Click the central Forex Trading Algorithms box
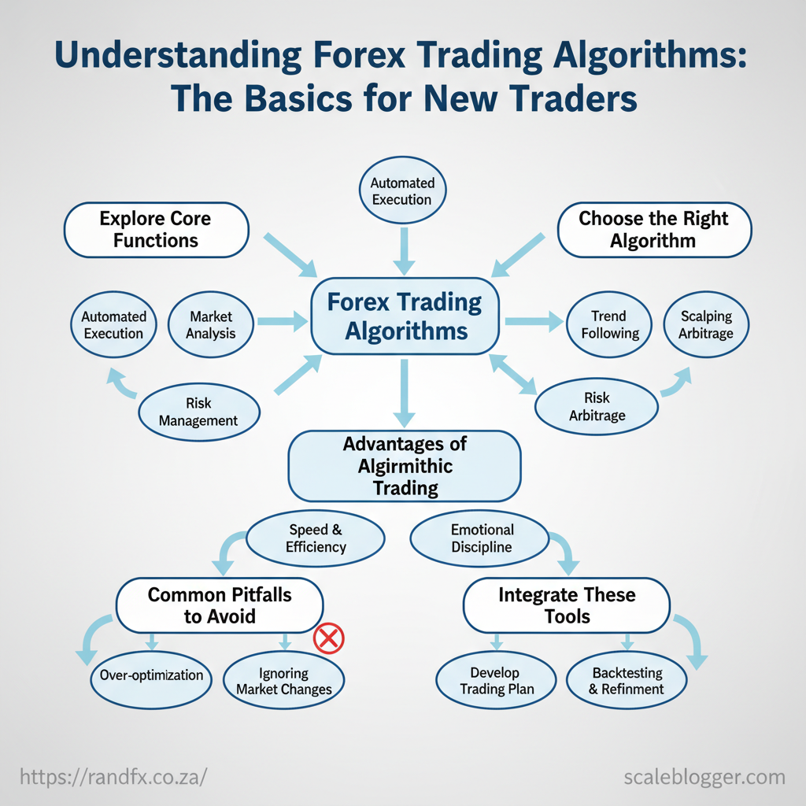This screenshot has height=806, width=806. click(x=405, y=316)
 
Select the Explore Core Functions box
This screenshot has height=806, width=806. click(x=157, y=230)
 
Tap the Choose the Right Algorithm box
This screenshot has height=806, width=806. click(x=654, y=230)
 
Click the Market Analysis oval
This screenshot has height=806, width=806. click(x=211, y=324)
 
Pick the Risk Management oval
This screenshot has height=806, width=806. click(x=199, y=412)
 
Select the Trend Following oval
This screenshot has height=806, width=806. click(x=609, y=324)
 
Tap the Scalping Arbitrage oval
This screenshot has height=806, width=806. click(x=706, y=324)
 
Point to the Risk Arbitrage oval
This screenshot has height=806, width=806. click(x=597, y=407)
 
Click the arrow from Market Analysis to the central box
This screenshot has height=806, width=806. click(x=283, y=321)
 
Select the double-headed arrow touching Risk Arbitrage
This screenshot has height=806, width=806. click(x=512, y=374)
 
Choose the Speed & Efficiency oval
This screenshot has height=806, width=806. click(x=316, y=538)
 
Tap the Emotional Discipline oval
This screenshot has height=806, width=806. click(x=481, y=538)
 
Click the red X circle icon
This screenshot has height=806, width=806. click(x=329, y=638)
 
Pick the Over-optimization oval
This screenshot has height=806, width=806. click(x=151, y=680)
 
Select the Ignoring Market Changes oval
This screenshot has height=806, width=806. click(x=283, y=680)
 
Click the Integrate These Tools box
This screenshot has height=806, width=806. click(x=567, y=605)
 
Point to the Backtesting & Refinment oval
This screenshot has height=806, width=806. click(x=627, y=680)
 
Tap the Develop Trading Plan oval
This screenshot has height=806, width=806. click(x=496, y=680)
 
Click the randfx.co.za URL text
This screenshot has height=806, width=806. click(x=113, y=776)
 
